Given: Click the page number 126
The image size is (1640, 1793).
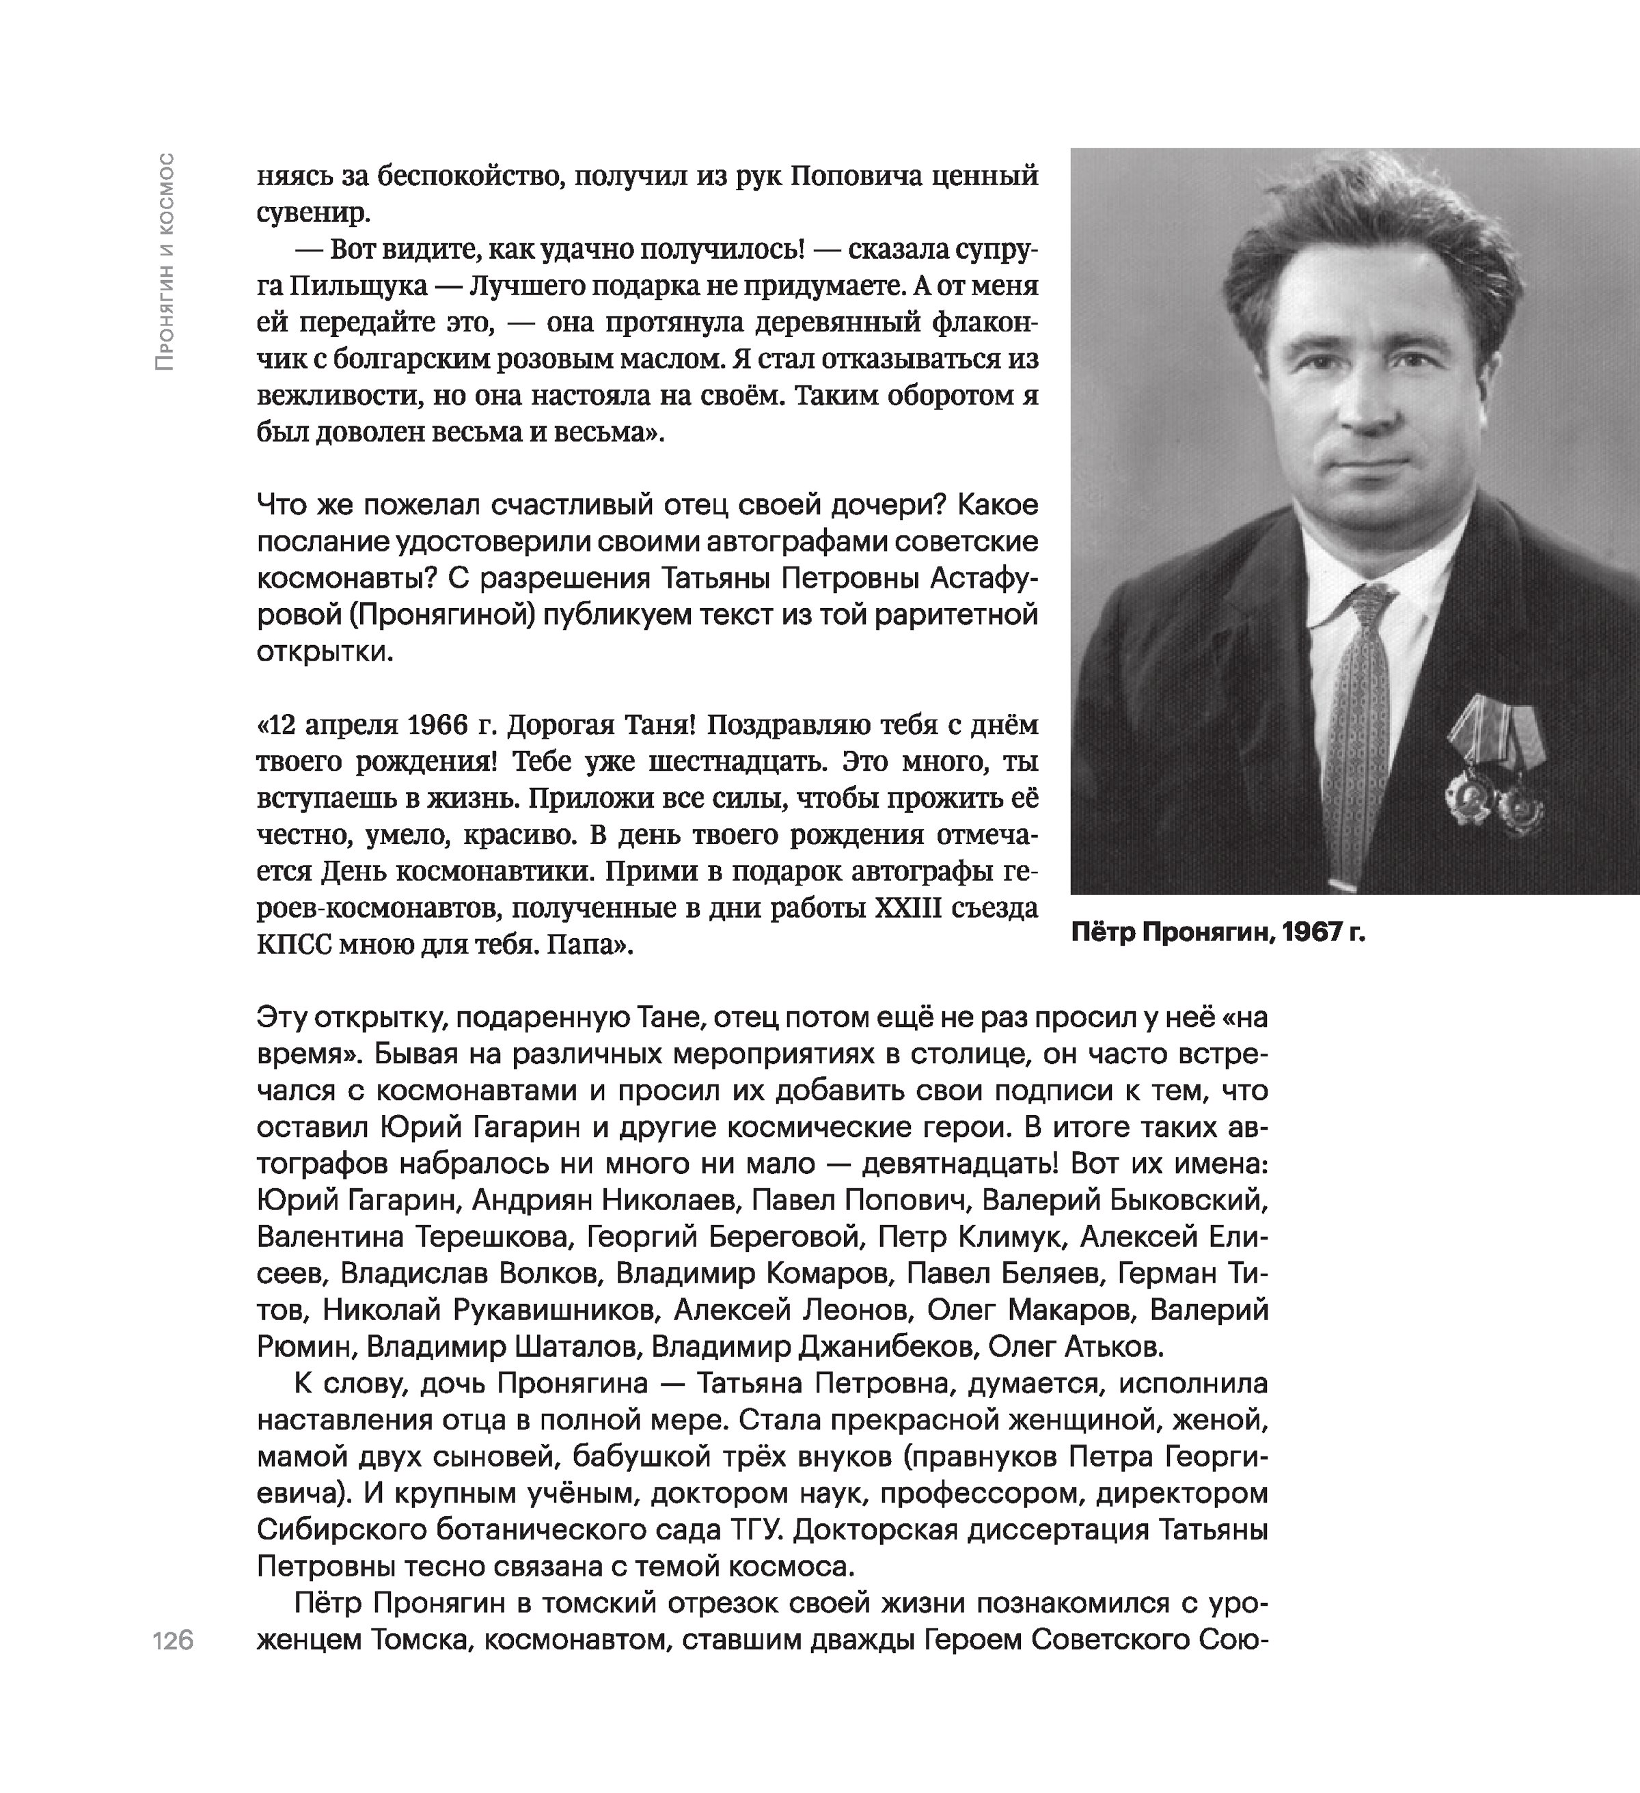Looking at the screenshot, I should (x=174, y=1640).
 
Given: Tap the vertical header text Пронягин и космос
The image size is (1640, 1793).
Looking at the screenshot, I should (x=165, y=262).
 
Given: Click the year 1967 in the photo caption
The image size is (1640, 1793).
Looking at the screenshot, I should (x=1318, y=932).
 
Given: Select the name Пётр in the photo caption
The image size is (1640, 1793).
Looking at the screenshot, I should (x=1103, y=932).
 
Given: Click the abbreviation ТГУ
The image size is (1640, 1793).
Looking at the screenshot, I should (x=757, y=1531).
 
